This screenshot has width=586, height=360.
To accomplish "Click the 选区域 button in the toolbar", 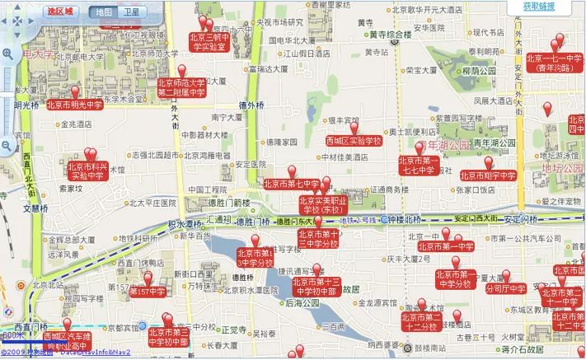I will (x=59, y=12).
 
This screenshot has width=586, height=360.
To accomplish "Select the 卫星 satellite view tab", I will (x=130, y=12).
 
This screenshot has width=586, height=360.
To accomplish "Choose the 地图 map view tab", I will (x=103, y=12).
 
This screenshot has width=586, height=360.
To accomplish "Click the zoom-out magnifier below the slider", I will (x=7, y=146).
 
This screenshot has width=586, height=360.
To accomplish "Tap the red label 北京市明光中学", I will (x=74, y=105).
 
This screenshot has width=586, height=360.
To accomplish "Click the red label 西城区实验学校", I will (x=354, y=140).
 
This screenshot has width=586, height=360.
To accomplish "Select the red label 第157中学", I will (x=148, y=292).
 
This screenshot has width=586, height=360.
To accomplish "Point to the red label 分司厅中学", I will (x=506, y=290).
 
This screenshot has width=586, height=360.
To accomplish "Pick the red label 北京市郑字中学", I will (x=488, y=175).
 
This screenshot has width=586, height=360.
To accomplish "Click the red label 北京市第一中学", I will (x=448, y=245).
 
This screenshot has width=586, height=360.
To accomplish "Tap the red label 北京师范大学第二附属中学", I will (x=181, y=87).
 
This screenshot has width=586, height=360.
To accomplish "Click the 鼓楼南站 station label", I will (x=438, y=348).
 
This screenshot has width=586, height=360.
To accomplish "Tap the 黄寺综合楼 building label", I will (x=390, y=35).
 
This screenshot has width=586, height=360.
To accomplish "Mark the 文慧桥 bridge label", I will (x=37, y=208).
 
